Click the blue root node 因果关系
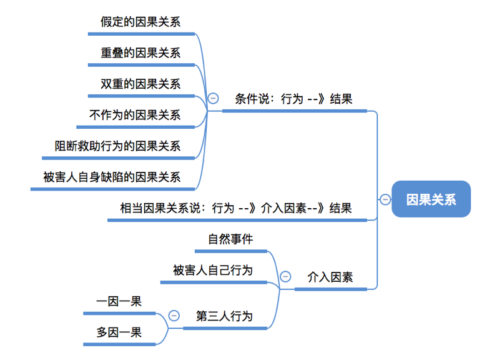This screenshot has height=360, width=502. point(431,199)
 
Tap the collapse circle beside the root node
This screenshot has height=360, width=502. point(385,199)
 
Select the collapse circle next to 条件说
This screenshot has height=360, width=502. point(213,98)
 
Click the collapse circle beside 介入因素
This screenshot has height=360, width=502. point(285,276)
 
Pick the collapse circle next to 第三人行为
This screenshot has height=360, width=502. point(174,316)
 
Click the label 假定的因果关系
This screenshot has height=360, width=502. point(140,22)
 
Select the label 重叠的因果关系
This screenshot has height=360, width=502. point(140,53)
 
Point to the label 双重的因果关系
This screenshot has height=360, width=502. point(140,84)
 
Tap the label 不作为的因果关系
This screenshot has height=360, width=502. point(135,115)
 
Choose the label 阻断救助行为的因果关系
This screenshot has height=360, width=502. point(117,146)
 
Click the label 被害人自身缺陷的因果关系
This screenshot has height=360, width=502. point(112,177)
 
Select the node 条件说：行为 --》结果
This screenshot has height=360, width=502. point(293,99)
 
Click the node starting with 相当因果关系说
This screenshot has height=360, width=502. point(236,208)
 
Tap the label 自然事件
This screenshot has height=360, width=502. point(230,239)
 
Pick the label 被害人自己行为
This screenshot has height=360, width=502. point(213,270)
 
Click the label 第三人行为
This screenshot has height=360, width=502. point(224,316)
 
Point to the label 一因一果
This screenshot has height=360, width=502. point(119,301)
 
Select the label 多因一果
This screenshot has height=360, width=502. point(119,332)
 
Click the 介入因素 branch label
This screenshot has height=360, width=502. point(330,277)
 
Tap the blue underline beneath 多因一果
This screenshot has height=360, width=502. point(119,344)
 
